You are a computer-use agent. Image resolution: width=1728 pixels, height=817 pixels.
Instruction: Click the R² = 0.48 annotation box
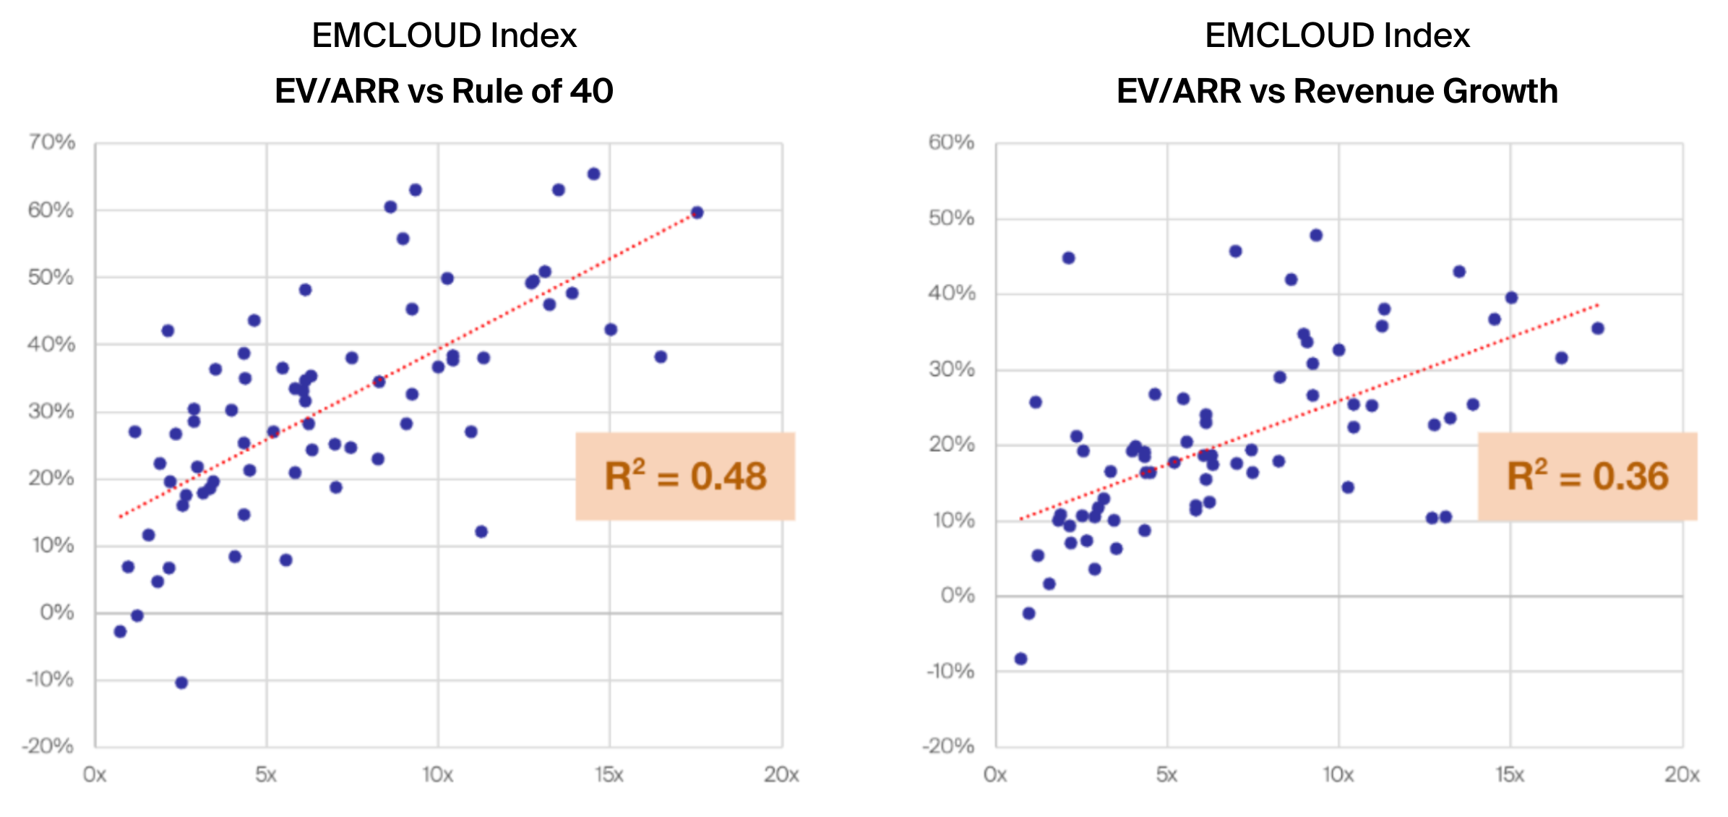[x=685, y=476]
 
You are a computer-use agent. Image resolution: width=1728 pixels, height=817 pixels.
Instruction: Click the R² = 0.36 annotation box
[x=1587, y=476]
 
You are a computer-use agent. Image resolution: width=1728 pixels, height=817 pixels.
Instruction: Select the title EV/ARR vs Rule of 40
[x=444, y=91]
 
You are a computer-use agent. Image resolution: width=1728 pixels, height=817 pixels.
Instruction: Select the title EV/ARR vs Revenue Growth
[x=1337, y=91]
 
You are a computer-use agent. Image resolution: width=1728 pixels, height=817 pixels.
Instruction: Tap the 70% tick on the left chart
[x=51, y=142]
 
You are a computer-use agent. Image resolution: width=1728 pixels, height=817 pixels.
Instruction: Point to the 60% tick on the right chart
[x=951, y=142]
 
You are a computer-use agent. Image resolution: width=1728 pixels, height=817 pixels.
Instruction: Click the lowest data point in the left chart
[x=181, y=683]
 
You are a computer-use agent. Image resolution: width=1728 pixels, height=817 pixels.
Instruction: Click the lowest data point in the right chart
[x=1020, y=659]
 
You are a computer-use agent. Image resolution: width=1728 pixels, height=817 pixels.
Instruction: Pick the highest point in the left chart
[x=593, y=174]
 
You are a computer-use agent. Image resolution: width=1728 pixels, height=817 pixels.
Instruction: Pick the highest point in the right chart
[x=1316, y=235]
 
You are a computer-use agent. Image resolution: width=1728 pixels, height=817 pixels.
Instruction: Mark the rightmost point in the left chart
[x=697, y=213]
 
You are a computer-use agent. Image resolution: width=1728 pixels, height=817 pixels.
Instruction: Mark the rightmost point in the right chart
[x=1598, y=328]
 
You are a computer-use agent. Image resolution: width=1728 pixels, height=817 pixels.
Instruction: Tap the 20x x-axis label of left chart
[x=781, y=775]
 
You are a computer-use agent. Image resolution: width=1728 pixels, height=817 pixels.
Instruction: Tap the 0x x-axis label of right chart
[x=995, y=775]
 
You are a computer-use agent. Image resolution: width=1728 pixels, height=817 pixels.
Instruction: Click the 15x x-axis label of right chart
[x=1510, y=775]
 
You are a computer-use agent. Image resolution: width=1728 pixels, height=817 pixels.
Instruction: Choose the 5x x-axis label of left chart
[x=266, y=775]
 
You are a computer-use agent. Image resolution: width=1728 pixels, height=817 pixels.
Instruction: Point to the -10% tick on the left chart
[x=50, y=680]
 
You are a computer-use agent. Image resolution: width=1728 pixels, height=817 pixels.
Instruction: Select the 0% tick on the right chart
[x=958, y=596]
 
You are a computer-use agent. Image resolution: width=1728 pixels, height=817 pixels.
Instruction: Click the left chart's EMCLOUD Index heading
[x=444, y=35]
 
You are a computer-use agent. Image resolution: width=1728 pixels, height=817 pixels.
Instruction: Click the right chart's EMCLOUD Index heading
[x=1337, y=35]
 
